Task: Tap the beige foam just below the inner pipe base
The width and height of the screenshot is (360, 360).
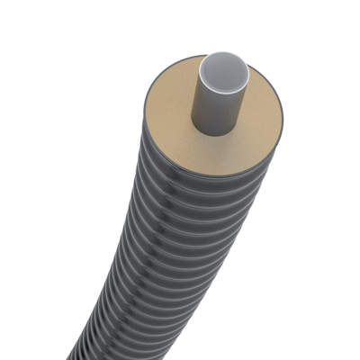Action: [216, 148]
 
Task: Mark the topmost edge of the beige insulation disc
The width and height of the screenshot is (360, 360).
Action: [202, 57]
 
